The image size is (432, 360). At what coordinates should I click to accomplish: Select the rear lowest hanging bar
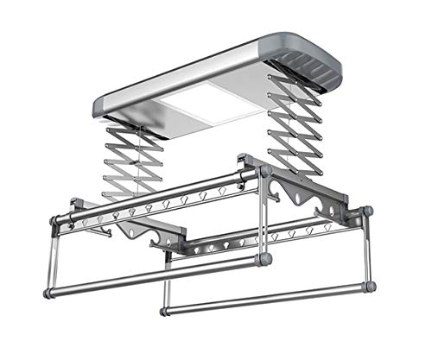pyautogui.click(x=268, y=298)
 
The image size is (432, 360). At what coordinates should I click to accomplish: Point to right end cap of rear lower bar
pyautogui.click(x=370, y=286)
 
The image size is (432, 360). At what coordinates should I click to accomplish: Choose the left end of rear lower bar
pyautogui.click(x=165, y=308)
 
